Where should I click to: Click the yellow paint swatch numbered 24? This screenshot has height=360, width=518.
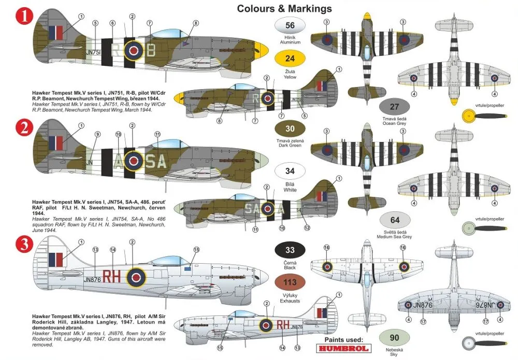tap(290, 59)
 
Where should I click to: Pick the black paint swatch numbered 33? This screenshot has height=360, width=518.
tap(290, 250)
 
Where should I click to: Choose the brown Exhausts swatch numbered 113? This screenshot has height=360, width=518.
tap(290, 283)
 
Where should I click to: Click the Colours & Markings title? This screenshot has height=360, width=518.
tap(284, 8)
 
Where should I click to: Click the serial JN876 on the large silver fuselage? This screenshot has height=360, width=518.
tap(92, 279)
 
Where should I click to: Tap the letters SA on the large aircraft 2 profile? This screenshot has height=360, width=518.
tap(155, 162)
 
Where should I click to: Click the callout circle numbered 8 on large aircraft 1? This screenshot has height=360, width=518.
tap(196, 23)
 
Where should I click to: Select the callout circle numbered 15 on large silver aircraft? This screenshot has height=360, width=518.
tap(196, 250)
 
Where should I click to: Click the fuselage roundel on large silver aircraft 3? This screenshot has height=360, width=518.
tap(137, 277)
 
